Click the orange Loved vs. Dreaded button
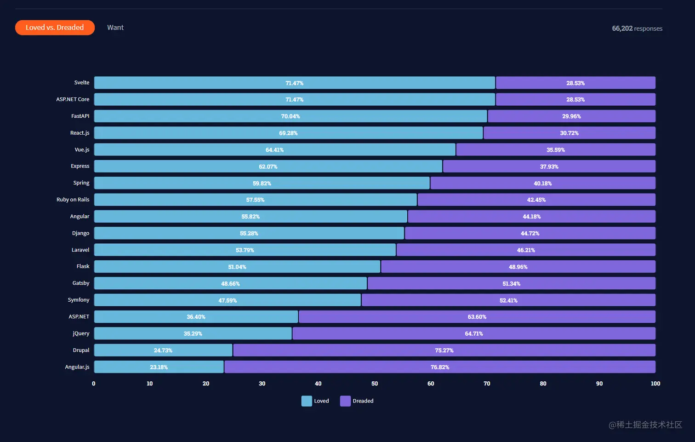[55, 28]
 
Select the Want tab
[115, 28]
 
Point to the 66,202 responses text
[637, 29]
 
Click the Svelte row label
[82, 83]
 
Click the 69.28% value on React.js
[288, 133]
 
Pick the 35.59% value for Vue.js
[555, 150]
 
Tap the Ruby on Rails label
[73, 200]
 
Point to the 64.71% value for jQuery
[473, 334]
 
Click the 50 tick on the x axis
[375, 384]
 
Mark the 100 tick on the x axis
[655, 384]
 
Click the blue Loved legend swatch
[307, 401]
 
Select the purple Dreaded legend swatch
[345, 401]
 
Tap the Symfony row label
[79, 300]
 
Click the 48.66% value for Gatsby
[230, 284]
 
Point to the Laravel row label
[80, 250]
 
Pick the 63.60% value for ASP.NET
[477, 317]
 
